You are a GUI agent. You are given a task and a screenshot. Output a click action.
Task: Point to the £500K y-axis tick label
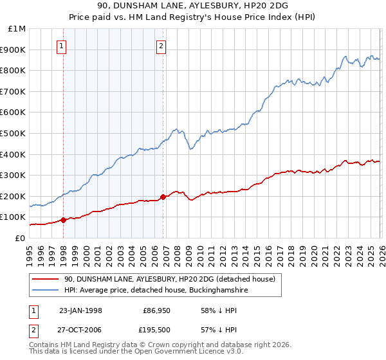click(x=14, y=134)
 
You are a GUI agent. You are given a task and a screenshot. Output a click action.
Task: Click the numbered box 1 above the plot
click(x=62, y=46)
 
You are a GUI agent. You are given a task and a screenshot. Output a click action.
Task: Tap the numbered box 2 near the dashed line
click(x=160, y=46)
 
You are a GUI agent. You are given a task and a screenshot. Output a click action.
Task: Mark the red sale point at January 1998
click(x=64, y=220)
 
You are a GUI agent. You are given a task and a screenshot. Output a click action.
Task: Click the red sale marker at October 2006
click(x=163, y=197)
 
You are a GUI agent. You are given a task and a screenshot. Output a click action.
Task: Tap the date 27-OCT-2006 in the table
click(x=81, y=330)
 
